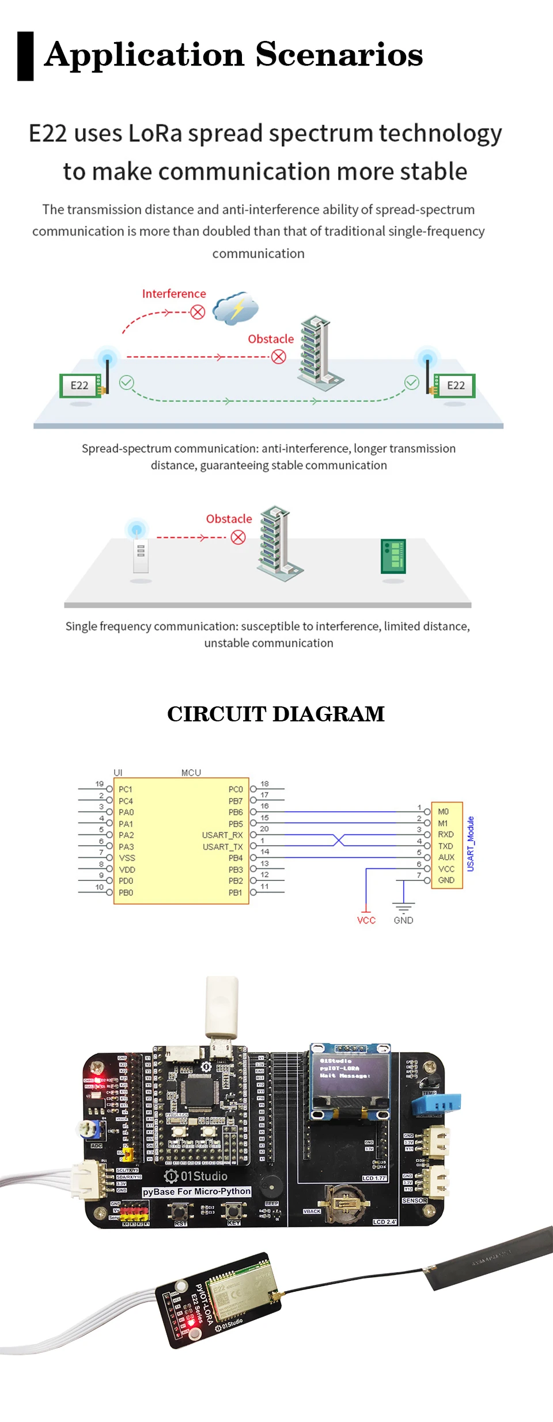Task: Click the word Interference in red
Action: [x=173, y=294]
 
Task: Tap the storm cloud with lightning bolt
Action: [x=235, y=308]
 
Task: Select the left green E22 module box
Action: [x=80, y=385]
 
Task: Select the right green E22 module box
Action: [x=455, y=385]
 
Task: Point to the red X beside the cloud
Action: [x=198, y=312]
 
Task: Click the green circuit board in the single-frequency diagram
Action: [x=393, y=556]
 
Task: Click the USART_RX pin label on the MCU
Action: [x=222, y=835]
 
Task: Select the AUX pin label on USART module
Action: [x=446, y=857]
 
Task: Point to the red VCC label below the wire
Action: [x=366, y=920]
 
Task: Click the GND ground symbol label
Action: [x=403, y=920]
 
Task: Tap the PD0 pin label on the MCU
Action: [x=126, y=881]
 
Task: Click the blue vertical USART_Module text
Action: [x=471, y=844]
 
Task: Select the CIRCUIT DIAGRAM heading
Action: [x=276, y=714]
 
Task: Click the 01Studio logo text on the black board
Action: [x=203, y=1176]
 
